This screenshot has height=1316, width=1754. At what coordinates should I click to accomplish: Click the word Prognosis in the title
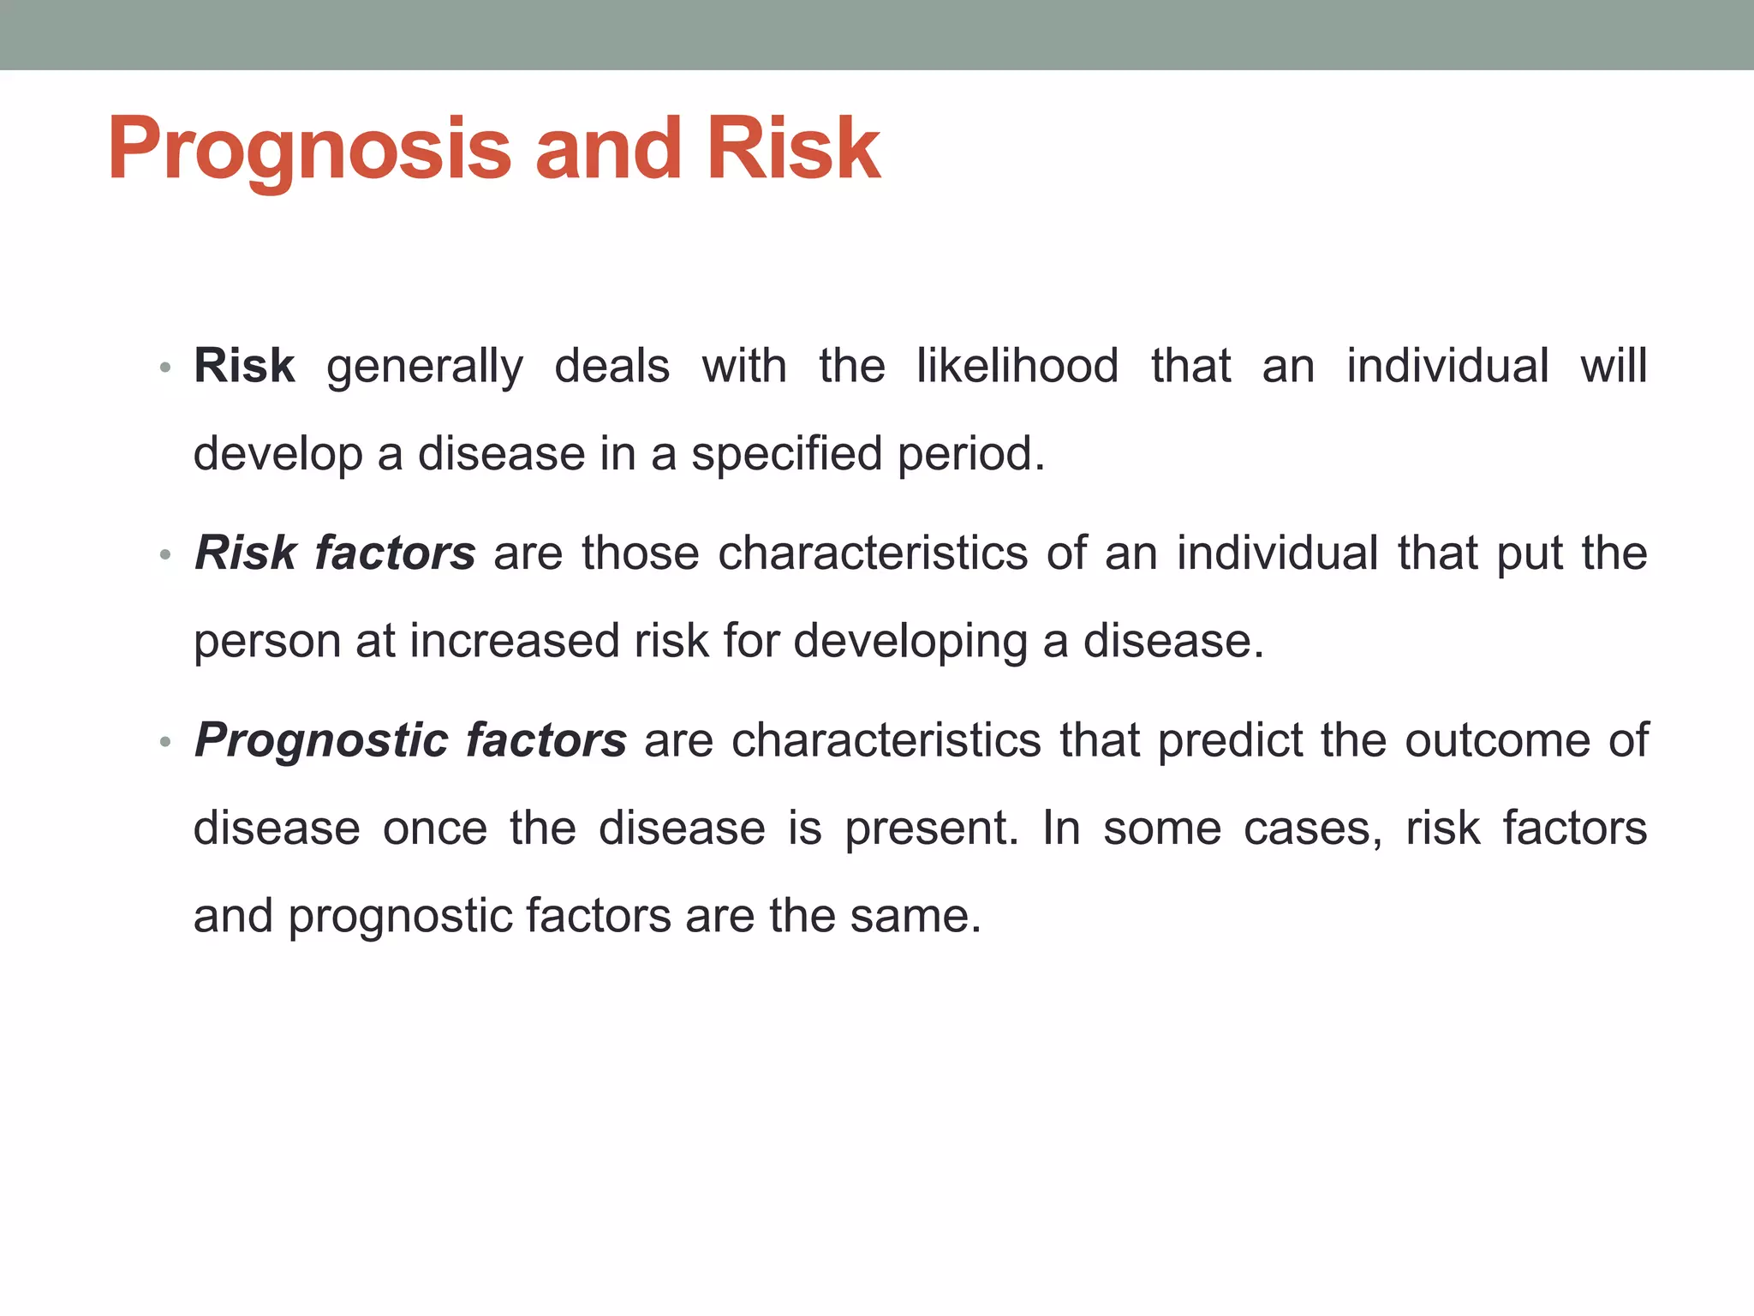click(x=308, y=150)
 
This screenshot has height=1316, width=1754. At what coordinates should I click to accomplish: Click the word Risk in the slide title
click(x=793, y=150)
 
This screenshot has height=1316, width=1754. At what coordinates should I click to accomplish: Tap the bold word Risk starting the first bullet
click(x=244, y=366)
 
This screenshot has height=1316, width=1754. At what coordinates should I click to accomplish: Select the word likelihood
click(x=1017, y=366)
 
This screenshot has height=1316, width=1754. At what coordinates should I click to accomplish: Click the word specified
click(x=786, y=454)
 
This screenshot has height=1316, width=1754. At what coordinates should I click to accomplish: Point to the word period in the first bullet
click(x=970, y=454)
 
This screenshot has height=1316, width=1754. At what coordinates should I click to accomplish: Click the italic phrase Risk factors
click(x=335, y=553)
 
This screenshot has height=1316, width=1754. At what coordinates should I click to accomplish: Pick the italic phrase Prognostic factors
click(x=410, y=740)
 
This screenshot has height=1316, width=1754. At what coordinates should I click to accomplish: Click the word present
click(x=931, y=829)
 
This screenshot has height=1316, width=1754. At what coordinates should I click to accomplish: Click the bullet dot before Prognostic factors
click(x=165, y=742)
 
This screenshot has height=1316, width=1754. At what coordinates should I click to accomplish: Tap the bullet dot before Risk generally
click(x=165, y=368)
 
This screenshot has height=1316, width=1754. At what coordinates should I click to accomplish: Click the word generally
click(x=425, y=368)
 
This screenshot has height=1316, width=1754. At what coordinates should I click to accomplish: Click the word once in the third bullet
click(x=434, y=829)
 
